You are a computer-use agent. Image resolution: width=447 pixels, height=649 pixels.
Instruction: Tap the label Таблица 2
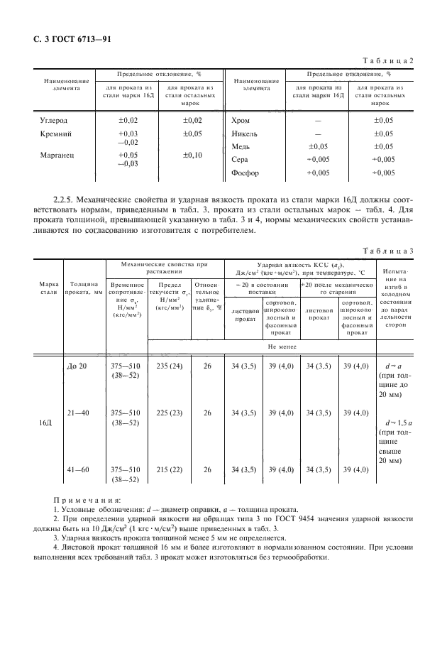point(389,62)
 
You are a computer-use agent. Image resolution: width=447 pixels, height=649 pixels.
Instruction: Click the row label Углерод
point(55,121)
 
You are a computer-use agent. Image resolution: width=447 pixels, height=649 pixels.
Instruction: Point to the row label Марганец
point(57,155)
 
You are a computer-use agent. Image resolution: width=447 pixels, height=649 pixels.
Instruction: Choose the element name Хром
point(241,121)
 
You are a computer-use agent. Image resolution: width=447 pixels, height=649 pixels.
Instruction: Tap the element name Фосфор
point(246,173)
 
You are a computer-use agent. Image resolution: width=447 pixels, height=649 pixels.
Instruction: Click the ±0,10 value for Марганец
point(192,155)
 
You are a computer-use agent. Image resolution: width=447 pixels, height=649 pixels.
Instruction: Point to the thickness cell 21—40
point(77,413)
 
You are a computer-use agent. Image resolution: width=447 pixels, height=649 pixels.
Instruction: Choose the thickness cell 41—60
point(77,469)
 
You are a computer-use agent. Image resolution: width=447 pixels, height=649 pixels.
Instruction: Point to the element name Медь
point(241,146)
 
